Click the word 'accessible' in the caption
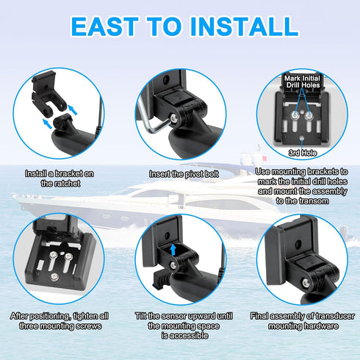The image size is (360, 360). (187, 335)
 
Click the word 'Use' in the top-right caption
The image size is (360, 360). (262, 171)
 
